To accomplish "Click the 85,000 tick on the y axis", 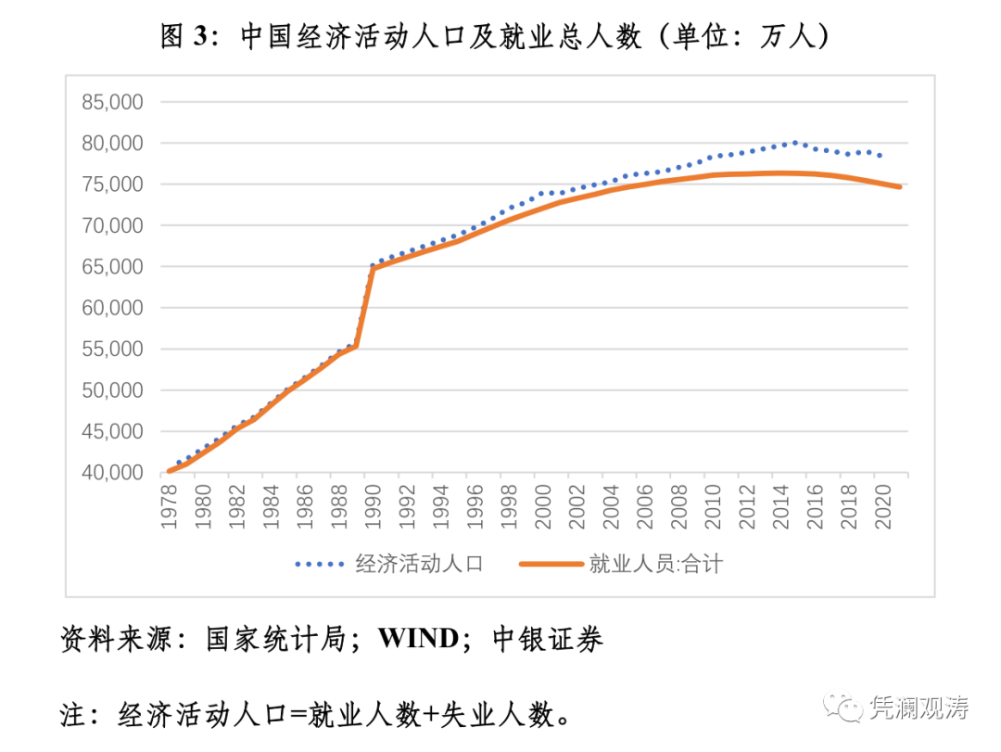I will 112,102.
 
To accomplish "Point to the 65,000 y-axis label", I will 112,267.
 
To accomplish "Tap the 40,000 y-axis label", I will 112,473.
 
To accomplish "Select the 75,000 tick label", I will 112,185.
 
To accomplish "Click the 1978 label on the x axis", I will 169,506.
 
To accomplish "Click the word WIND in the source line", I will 419,639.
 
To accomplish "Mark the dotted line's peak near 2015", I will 794,143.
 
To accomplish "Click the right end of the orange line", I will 899,186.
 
